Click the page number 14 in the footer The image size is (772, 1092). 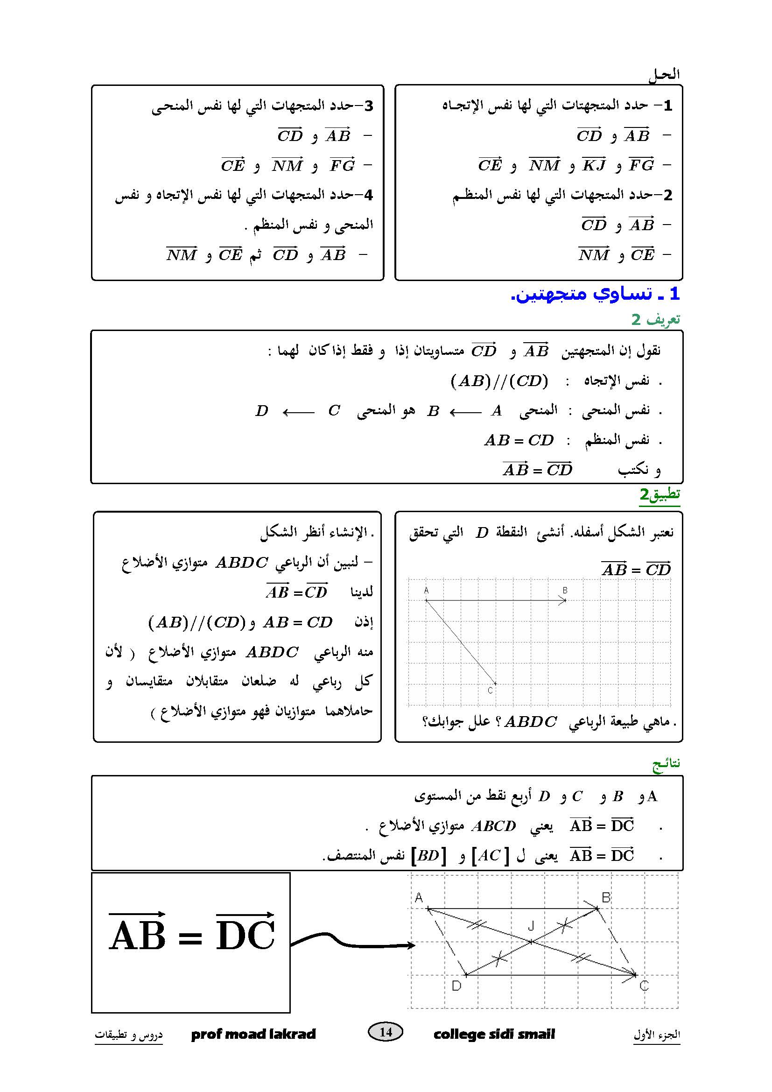click(x=386, y=1032)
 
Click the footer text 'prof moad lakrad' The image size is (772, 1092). click(x=253, y=1034)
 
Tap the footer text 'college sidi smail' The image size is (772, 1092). click(x=494, y=1034)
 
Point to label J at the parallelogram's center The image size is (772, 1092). click(x=531, y=925)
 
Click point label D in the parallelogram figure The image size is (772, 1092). click(x=456, y=986)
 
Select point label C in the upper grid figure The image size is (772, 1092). click(x=491, y=690)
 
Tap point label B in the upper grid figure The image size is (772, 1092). click(x=565, y=590)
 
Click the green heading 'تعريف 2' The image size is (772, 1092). click(x=656, y=320)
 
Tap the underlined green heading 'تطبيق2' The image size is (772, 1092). click(x=660, y=495)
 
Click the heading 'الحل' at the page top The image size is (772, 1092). click(x=664, y=75)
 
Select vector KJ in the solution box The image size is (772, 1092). click(x=594, y=164)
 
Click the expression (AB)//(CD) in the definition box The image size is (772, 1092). click(x=499, y=380)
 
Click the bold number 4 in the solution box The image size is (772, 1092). click(x=367, y=195)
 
